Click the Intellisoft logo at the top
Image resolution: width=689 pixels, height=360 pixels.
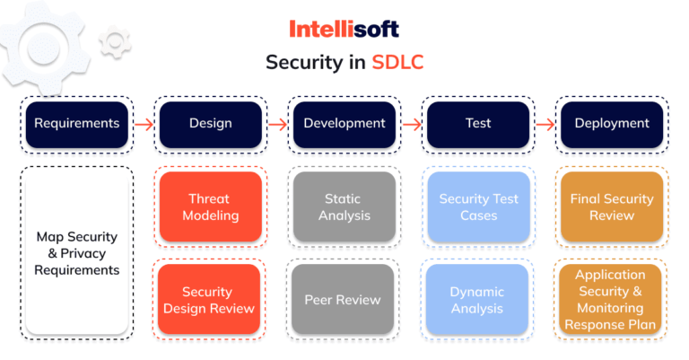pos(344,29)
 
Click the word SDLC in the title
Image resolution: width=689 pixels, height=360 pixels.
pos(397,63)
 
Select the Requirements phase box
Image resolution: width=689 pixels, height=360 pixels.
pos(76,123)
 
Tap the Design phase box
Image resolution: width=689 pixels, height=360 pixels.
pos(210,123)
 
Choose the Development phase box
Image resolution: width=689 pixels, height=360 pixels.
pos(344,123)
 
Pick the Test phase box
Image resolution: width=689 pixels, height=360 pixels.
pos(478,123)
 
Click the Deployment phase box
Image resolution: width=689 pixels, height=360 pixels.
pos(613,123)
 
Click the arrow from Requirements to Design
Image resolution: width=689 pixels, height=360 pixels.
pos(144,124)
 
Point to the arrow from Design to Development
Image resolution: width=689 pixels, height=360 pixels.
pos(277,124)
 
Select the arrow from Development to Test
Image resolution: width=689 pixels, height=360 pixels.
pos(411,124)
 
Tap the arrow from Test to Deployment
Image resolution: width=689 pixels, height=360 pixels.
pos(545,124)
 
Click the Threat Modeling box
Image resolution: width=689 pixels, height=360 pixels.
pos(210,206)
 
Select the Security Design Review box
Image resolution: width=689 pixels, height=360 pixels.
pos(210,299)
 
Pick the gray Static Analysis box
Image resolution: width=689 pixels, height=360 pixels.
pos(344,206)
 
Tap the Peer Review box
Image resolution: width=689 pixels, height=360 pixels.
pos(344,299)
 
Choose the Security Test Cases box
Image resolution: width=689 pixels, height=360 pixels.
pos(478,206)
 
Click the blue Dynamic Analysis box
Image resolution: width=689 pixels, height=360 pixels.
pos(478,299)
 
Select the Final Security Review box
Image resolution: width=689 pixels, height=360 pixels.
pos(612,206)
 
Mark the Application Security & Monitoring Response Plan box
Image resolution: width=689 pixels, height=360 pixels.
pos(612,299)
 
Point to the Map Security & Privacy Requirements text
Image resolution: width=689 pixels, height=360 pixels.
pos(76,253)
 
